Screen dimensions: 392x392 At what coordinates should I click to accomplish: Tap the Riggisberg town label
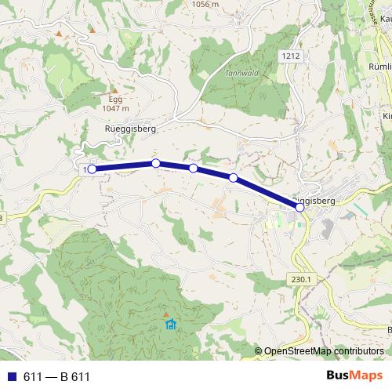click(315, 201)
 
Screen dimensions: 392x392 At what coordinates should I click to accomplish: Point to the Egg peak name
click(115, 100)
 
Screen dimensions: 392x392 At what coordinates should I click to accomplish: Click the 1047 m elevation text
click(115, 110)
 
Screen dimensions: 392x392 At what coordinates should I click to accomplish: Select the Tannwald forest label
click(241, 72)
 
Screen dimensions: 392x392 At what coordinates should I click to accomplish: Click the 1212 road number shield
click(290, 56)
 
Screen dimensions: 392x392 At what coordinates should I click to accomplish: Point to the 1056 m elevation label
click(204, 4)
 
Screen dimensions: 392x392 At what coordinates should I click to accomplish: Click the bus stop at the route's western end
click(92, 169)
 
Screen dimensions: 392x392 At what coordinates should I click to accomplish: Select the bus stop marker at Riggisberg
click(300, 208)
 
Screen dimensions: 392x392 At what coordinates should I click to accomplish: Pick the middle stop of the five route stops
click(193, 168)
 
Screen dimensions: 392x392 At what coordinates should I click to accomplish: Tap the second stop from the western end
click(155, 163)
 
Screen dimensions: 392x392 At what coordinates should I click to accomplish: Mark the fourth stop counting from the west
click(233, 178)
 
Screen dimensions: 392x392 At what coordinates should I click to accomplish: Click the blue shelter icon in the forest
click(170, 323)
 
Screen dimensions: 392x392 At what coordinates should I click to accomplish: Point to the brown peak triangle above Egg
click(114, 89)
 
